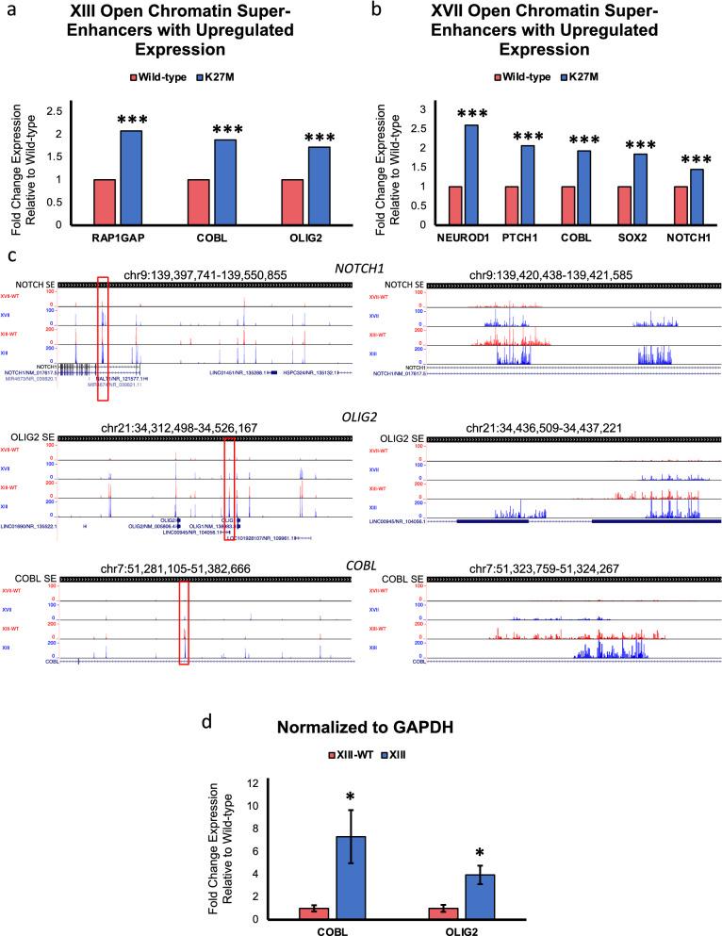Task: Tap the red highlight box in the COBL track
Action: click(184, 622)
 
